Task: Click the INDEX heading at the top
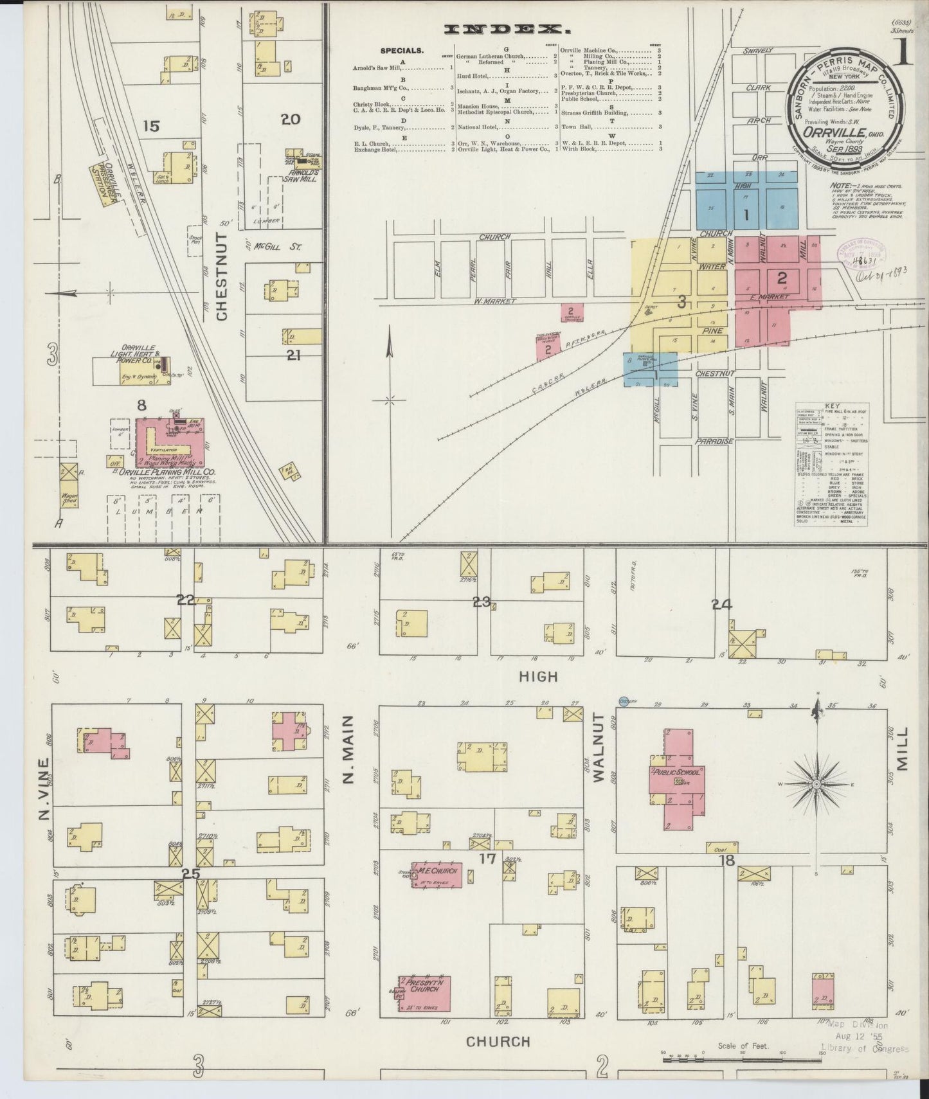508,29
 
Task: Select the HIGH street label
538,677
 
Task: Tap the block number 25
191,874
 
